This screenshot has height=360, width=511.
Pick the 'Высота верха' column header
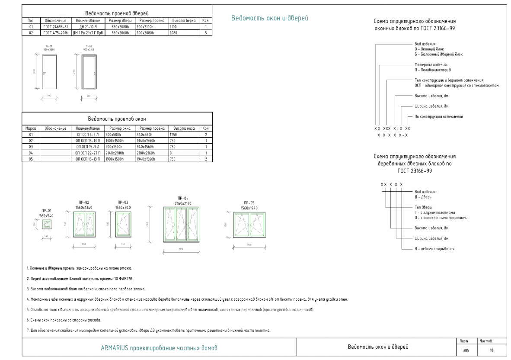pyautogui.click(x=184, y=20)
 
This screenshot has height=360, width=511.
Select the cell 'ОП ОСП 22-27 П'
pyautogui.click(x=88, y=153)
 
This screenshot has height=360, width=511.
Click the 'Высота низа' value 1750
pyautogui.click(x=175, y=135)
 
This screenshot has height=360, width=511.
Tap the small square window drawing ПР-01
pyautogui.click(x=46, y=224)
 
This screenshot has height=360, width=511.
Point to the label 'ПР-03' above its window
pyautogui.click(x=123, y=202)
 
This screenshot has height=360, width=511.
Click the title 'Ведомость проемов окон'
pyautogui.click(x=117, y=119)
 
